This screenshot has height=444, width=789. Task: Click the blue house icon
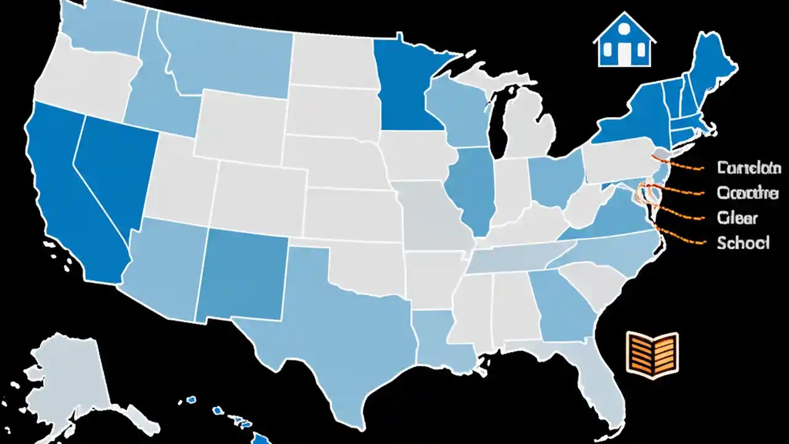(x=624, y=43)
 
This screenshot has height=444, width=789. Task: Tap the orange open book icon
(x=652, y=351)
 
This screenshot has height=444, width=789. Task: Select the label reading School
(x=743, y=243)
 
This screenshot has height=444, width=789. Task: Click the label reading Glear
(x=737, y=218)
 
